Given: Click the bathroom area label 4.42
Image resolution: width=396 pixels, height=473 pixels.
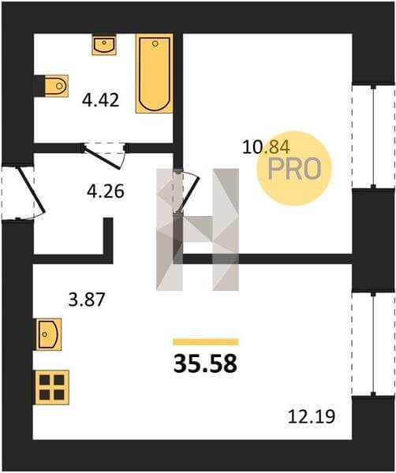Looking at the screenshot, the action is click(x=100, y=100).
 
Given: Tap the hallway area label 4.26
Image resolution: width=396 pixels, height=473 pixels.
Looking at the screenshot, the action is click(x=106, y=192).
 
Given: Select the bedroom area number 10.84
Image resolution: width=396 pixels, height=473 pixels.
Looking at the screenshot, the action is click(x=266, y=147).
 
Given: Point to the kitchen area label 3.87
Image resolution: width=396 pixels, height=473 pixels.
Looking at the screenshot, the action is click(x=86, y=300).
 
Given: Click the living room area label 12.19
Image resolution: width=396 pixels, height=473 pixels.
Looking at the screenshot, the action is click(x=312, y=416).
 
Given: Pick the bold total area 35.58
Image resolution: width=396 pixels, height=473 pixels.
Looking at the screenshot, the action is click(x=205, y=363).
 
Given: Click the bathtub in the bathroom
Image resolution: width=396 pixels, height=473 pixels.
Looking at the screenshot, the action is click(x=155, y=73).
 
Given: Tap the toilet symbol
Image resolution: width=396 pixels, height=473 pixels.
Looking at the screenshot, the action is click(x=56, y=86).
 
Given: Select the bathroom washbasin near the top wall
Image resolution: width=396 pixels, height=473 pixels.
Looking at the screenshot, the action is click(x=104, y=45).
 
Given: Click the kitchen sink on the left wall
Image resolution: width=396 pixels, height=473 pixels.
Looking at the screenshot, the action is click(x=49, y=334).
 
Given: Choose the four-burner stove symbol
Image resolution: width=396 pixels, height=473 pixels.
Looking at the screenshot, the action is click(x=52, y=387).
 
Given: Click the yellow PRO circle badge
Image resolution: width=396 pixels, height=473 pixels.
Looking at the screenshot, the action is click(x=294, y=169).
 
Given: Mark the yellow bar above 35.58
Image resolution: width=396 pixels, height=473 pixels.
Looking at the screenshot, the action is click(x=206, y=342).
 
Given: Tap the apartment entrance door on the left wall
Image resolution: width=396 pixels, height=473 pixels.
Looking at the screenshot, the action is click(x=31, y=190).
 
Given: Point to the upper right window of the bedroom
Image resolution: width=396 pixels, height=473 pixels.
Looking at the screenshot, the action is click(x=373, y=136).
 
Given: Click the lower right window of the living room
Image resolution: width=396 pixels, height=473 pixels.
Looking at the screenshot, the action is click(x=373, y=344).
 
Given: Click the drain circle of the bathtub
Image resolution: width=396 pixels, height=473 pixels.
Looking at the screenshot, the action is click(x=155, y=43).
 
